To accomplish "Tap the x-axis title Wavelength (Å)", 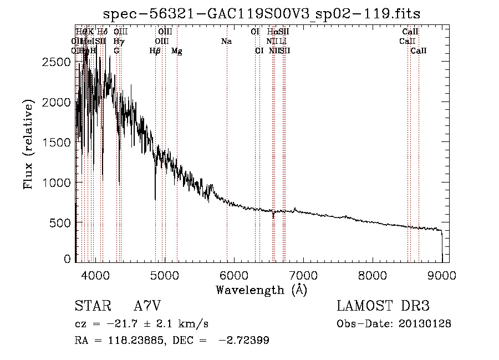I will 262,290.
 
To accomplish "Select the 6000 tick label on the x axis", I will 234,275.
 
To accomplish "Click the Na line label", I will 226,42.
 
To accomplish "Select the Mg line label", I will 177,51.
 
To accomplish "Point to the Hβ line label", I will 155,51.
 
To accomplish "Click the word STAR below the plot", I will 91,306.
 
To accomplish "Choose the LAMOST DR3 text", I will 383,306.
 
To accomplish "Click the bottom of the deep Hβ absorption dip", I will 155,199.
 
